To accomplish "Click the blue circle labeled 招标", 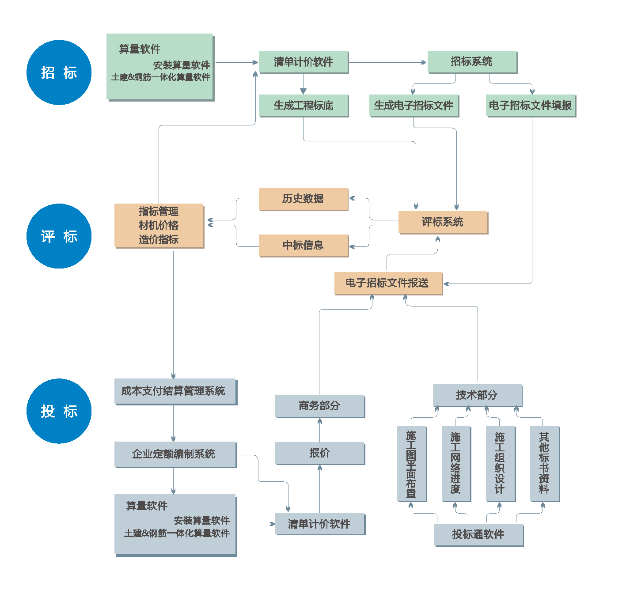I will pyautogui.click(x=59, y=72).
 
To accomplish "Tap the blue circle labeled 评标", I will pyautogui.click(x=59, y=236).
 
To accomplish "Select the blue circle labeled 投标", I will pyautogui.click(x=59, y=411).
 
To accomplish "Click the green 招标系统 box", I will pyautogui.click(x=472, y=61).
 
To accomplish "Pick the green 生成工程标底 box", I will pyautogui.click(x=304, y=106).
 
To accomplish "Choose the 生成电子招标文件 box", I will pyautogui.click(x=414, y=106).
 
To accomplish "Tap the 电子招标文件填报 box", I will pyautogui.click(x=531, y=106).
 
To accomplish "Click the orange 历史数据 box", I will pyautogui.click(x=303, y=199).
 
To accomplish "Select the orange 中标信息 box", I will pyautogui.click(x=303, y=245).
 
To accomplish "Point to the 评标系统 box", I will pyautogui.click(x=443, y=222).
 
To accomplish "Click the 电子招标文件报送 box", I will pyautogui.click(x=388, y=283).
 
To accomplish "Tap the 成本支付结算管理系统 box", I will pyautogui.click(x=175, y=391).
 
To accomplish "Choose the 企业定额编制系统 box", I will pyautogui.click(x=175, y=454).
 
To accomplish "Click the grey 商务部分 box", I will pyautogui.click(x=319, y=406).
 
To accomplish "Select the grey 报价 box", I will pyautogui.click(x=319, y=453).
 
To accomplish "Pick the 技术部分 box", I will pyautogui.click(x=477, y=395).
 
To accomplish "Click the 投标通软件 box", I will pyautogui.click(x=478, y=534).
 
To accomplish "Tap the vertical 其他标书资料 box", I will pyautogui.click(x=544, y=463).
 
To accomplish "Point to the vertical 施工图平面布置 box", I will pyautogui.click(x=411, y=463).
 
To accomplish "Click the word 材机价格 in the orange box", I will pyautogui.click(x=159, y=226).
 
